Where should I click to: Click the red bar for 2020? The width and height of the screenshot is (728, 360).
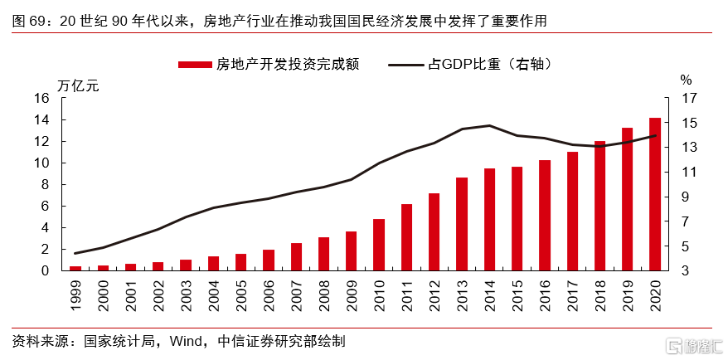(655, 194)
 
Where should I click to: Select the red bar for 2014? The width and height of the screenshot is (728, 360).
(489, 219)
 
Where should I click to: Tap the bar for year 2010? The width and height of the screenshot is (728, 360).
(379, 245)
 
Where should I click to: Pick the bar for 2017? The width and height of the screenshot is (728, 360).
(572, 211)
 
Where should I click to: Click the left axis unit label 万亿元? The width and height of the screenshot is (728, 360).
(77, 83)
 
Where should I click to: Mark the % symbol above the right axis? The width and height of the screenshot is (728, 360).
(686, 80)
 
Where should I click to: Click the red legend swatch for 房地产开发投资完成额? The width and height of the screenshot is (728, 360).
(195, 64)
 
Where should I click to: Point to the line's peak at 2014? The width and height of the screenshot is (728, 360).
(489, 126)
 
